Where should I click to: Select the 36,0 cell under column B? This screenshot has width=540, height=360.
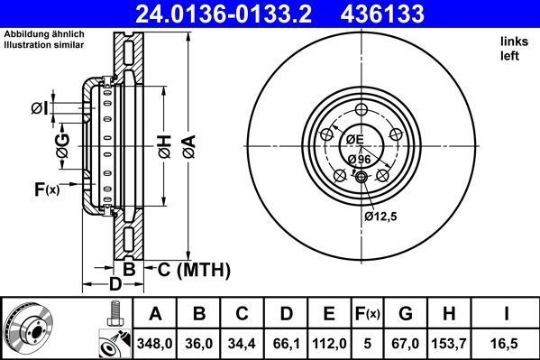200,343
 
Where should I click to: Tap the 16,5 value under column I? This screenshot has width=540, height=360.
508,343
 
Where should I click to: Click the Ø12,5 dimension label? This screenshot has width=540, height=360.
380,217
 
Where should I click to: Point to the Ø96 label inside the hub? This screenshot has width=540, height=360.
359,159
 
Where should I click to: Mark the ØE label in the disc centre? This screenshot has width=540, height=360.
353,139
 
